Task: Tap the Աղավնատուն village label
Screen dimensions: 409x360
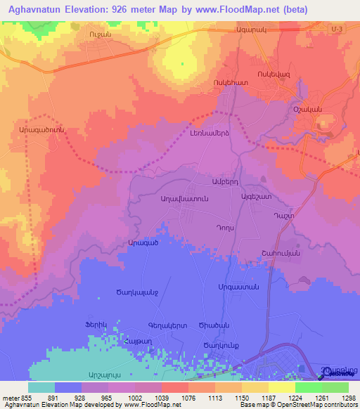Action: pyautogui.click(x=185, y=199)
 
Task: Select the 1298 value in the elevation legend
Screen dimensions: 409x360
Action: pyautogui.click(x=346, y=397)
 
